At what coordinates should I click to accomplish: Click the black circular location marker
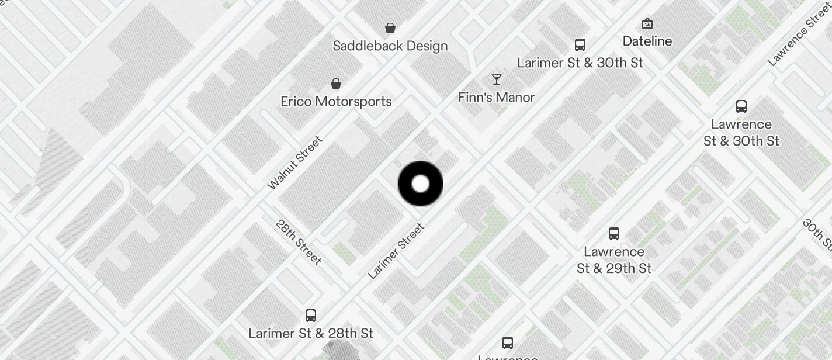(420, 184)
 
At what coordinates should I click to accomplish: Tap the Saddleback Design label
(390, 46)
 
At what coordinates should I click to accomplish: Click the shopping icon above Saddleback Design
(390, 27)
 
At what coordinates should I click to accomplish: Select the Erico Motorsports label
(336, 101)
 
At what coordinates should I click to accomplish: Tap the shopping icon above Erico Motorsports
(336, 84)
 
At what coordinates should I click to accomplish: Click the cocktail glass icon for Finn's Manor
(497, 79)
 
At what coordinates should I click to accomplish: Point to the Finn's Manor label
(497, 97)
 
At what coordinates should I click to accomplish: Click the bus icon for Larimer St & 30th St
(580, 45)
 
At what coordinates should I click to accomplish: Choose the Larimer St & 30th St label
(580, 63)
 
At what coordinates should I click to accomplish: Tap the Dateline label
(647, 41)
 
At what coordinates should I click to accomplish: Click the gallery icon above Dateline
(647, 23)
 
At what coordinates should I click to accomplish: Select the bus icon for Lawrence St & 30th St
(741, 106)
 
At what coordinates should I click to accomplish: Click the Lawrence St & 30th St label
(741, 133)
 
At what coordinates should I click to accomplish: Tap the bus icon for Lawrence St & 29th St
(614, 234)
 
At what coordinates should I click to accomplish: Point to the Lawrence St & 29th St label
(614, 260)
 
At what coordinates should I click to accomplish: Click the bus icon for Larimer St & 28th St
(311, 316)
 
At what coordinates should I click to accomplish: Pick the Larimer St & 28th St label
(311, 333)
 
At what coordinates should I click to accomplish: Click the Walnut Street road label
(295, 162)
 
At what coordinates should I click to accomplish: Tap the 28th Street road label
(299, 242)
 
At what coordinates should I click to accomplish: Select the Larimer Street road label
(396, 251)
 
